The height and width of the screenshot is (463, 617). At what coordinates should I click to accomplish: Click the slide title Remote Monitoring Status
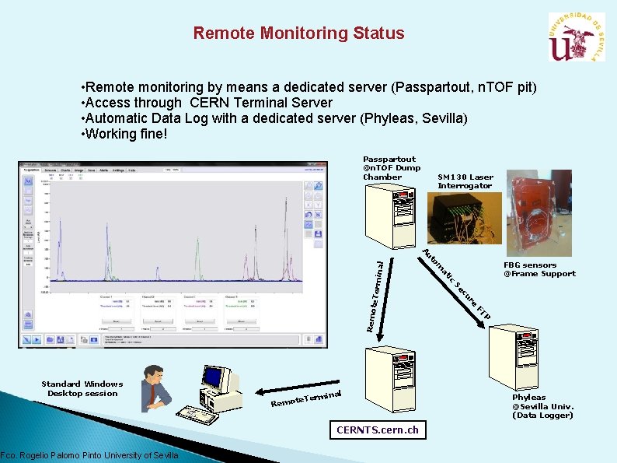click(x=298, y=33)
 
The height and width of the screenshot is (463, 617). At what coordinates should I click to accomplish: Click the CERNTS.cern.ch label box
click(x=377, y=430)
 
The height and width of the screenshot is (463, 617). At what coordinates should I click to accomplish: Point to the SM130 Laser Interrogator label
click(x=465, y=181)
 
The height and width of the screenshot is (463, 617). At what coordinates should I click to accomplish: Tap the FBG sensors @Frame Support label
click(x=539, y=269)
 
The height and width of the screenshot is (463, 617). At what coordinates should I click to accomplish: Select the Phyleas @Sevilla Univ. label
click(x=542, y=406)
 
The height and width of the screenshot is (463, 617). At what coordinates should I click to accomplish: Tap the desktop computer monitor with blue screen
click(x=212, y=379)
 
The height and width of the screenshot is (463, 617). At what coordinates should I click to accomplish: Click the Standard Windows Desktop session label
click(x=82, y=388)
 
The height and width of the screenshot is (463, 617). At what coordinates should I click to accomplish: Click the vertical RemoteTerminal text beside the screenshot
click(x=375, y=296)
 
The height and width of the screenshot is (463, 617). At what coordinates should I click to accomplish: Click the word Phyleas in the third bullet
click(x=384, y=118)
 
